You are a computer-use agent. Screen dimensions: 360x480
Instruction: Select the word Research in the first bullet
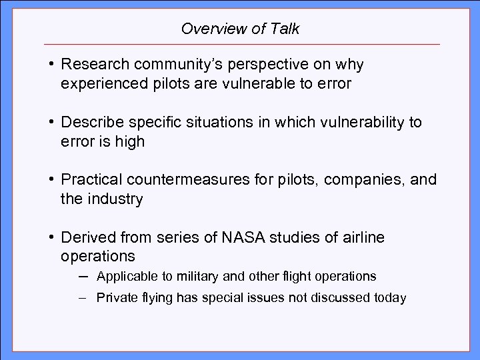pyautogui.click(x=90, y=65)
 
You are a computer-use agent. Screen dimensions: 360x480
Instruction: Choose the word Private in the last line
pyautogui.click(x=115, y=298)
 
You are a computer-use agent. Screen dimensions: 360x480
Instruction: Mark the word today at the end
pyautogui.click(x=391, y=298)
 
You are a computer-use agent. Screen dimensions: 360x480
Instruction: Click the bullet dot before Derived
pyautogui.click(x=51, y=238)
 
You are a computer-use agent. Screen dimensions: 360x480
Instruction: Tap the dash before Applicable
pyautogui.click(x=85, y=275)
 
